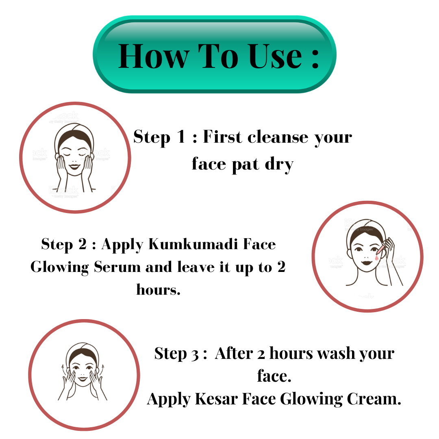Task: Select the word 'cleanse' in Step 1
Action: (x=278, y=137)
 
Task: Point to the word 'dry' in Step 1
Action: (x=279, y=165)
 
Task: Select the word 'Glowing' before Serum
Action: (x=60, y=267)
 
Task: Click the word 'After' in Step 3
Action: (x=234, y=353)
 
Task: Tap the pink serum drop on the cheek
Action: (x=377, y=257)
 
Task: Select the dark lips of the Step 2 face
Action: (x=366, y=263)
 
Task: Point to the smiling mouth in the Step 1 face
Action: (x=74, y=167)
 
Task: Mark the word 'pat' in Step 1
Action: (x=246, y=165)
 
